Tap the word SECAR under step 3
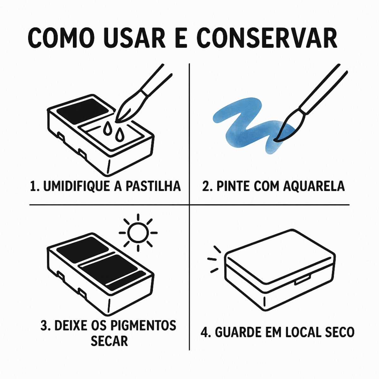pos(109,341)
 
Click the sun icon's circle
pos(138,233)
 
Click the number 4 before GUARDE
pos(204,332)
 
